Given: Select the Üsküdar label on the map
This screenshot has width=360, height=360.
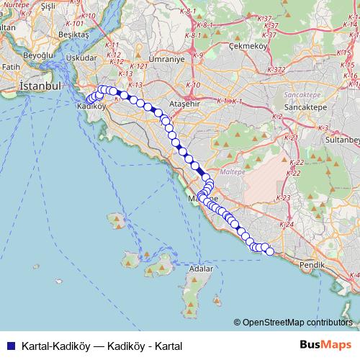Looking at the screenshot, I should coord(81,58).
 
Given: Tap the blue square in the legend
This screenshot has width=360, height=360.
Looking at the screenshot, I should coord(10,346).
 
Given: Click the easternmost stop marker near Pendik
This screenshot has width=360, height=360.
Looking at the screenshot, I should coord(270,251).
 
